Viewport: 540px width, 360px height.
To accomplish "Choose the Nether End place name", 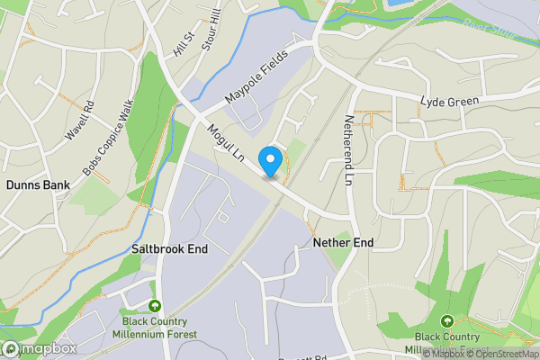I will [343, 243].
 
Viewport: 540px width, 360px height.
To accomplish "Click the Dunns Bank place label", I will [32, 184].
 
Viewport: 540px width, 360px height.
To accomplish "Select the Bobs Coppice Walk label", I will [106, 142].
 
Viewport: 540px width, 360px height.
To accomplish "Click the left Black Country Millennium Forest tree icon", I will [155, 307].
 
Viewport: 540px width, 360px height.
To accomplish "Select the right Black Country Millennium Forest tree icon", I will [446, 320].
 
